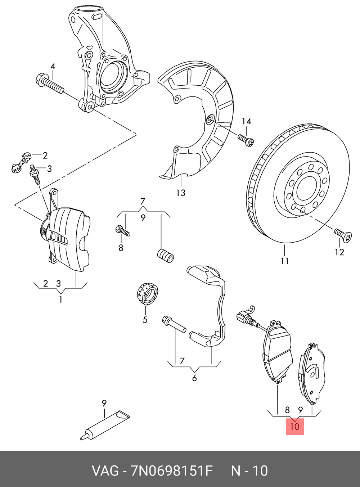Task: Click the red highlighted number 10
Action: click(x=294, y=427)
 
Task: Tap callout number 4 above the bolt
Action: click(x=53, y=67)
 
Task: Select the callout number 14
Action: click(x=246, y=121)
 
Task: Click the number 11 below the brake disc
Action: click(x=284, y=260)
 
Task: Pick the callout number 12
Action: click(x=339, y=252)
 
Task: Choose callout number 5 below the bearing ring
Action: click(x=145, y=320)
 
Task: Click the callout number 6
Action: click(x=194, y=378)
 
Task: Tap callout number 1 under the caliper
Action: click(x=60, y=299)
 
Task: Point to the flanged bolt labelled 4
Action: click(x=49, y=84)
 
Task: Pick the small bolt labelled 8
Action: click(x=122, y=231)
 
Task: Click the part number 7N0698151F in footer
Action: click(x=172, y=470)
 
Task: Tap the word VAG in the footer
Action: click(x=105, y=470)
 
